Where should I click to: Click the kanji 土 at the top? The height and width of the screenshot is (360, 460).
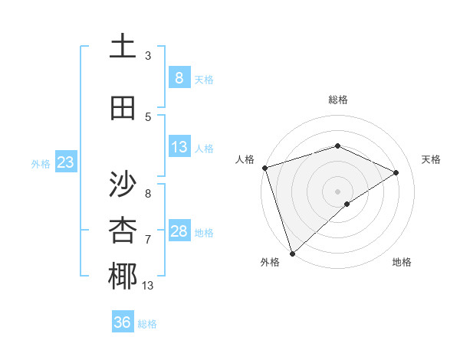[x=123, y=47]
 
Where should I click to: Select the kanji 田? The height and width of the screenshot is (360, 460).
[x=123, y=109]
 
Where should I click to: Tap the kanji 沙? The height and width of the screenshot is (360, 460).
[x=123, y=184]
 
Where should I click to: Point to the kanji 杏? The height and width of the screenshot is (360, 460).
[x=123, y=231]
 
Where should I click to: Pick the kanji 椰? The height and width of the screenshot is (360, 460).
[x=123, y=277]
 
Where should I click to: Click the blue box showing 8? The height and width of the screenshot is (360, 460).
[x=179, y=77]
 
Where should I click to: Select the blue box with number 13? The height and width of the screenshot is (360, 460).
[x=179, y=147]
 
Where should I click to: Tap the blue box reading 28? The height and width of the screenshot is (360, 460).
[x=179, y=231]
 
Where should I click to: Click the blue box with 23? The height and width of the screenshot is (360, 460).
[x=65, y=162]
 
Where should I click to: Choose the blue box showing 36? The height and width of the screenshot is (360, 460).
[x=123, y=322]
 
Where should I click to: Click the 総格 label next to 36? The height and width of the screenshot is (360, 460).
[x=147, y=324]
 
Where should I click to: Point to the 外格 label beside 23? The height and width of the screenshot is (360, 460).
[x=41, y=163]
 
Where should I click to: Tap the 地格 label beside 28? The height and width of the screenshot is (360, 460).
[x=205, y=232]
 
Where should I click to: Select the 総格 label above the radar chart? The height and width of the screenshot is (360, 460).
[x=337, y=100]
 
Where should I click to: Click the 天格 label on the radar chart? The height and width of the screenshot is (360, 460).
[x=432, y=159]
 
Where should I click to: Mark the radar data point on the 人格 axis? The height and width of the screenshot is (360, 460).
[x=264, y=167]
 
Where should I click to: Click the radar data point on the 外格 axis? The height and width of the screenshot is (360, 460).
[x=292, y=253]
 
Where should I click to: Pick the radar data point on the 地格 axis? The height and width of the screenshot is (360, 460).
[x=347, y=204]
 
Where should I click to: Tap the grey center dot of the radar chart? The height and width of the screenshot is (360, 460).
[x=337, y=190]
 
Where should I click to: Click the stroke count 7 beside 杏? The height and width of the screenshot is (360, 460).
[x=148, y=240]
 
